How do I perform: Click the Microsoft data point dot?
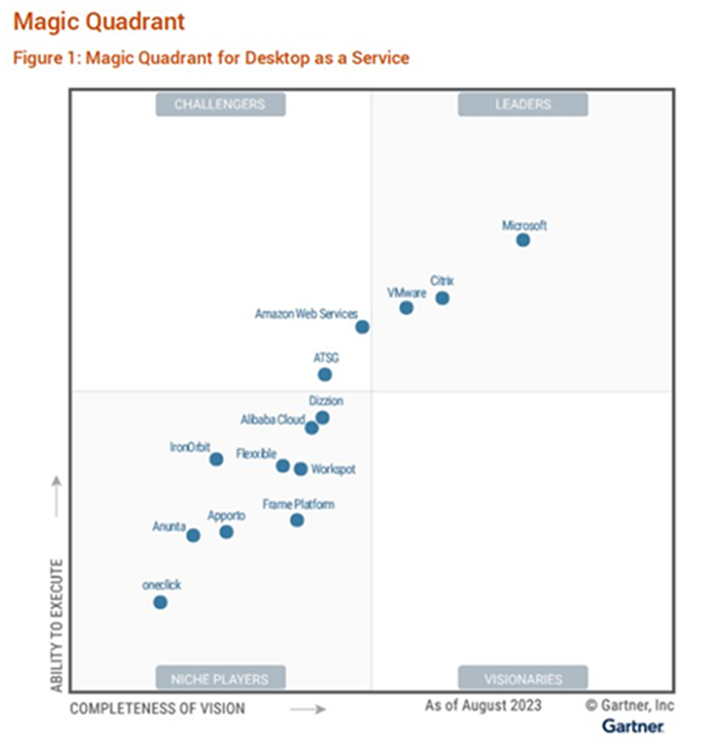click(523, 240)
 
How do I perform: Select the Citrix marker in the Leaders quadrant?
click(442, 298)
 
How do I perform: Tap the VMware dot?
click(407, 307)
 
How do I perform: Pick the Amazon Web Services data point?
click(362, 327)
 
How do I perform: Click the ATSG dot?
click(325, 375)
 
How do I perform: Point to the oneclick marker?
click(161, 602)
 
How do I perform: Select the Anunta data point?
click(193, 535)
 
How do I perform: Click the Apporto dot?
click(226, 532)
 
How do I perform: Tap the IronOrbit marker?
click(216, 459)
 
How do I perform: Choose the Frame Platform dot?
click(296, 520)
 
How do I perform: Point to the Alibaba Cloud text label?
click(272, 419)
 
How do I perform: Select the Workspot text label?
click(334, 469)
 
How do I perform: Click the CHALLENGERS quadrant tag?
click(219, 104)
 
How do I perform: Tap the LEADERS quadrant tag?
click(523, 104)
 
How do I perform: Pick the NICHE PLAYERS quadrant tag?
click(219, 678)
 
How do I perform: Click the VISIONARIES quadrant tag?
click(523, 678)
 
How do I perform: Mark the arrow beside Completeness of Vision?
click(308, 708)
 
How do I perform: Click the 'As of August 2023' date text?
click(483, 705)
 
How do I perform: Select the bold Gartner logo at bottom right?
click(634, 726)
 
